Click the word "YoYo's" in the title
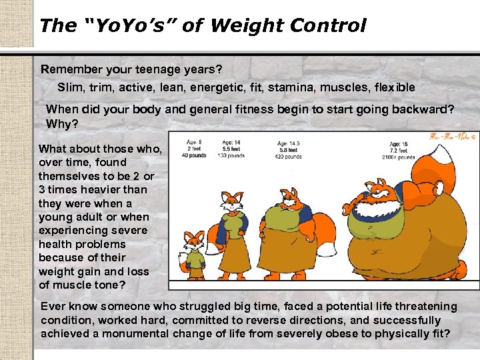(x=123, y=26)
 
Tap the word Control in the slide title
(x=329, y=26)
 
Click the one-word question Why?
(x=59, y=123)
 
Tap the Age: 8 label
(x=194, y=142)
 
